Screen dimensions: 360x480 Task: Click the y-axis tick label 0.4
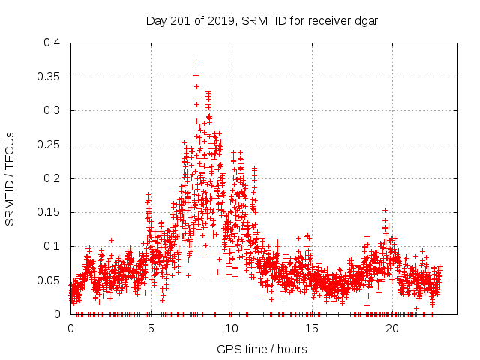(52, 43)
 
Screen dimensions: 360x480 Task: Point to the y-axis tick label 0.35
(49, 76)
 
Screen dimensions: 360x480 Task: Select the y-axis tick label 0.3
(52, 110)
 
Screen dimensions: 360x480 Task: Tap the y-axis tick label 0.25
(49, 145)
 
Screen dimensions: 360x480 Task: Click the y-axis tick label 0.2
(52, 178)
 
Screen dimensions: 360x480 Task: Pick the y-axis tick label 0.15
(49, 212)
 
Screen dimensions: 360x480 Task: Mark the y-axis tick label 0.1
(52, 246)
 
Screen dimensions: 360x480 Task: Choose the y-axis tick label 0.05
(49, 280)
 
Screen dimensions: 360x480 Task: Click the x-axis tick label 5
(151, 328)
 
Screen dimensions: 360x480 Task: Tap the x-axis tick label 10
(231, 328)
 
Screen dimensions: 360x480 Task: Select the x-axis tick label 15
(311, 328)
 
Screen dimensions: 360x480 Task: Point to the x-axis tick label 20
(391, 328)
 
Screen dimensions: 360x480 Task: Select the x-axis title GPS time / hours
(262, 349)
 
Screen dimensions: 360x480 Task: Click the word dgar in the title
(365, 20)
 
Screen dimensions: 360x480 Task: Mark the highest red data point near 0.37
(196, 62)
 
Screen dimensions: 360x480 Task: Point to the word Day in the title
(155, 20)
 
